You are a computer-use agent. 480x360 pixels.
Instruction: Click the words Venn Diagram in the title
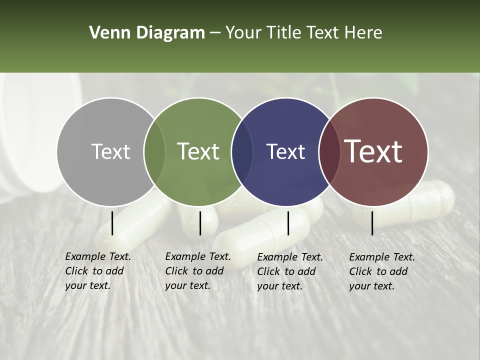(147, 33)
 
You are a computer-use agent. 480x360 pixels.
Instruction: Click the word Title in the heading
(284, 33)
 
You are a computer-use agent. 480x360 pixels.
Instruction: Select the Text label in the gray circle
(110, 151)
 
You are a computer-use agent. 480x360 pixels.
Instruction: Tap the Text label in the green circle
(198, 151)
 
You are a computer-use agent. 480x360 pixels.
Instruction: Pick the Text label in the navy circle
(285, 151)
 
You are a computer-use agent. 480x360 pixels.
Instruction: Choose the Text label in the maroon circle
(373, 151)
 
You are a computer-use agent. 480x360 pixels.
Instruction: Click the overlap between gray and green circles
(154, 151)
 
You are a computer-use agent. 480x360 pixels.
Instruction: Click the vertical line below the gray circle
(112, 223)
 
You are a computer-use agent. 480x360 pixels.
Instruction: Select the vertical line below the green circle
(200, 223)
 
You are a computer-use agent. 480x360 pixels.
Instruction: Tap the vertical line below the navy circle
(288, 223)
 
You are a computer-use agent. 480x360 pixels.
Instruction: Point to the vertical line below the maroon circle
(372, 223)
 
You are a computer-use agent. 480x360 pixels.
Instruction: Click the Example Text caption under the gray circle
(97, 271)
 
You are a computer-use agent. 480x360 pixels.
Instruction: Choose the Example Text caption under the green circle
(197, 271)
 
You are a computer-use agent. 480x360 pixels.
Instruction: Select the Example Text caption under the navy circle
(289, 271)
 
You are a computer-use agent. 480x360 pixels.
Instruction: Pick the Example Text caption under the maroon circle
(381, 271)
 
